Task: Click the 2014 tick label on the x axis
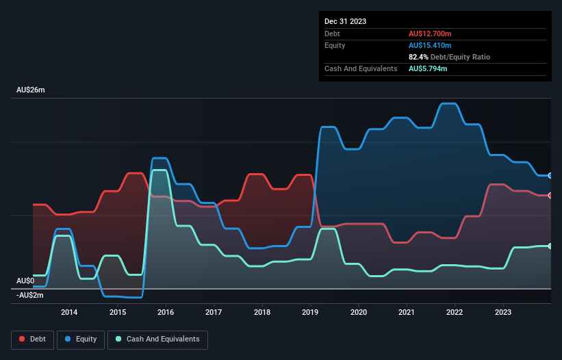pyautogui.click(x=69, y=313)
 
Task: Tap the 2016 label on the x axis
pyautogui.click(x=166, y=313)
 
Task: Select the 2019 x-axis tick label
pyautogui.click(x=311, y=313)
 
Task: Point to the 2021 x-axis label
pyautogui.click(x=407, y=313)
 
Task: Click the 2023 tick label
pyautogui.click(x=503, y=313)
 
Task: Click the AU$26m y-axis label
pyautogui.click(x=31, y=90)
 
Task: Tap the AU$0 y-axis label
pyautogui.click(x=25, y=281)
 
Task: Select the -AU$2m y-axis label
pyautogui.click(x=30, y=295)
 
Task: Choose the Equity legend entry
pyautogui.click(x=81, y=339)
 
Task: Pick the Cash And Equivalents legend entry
pyautogui.click(x=157, y=339)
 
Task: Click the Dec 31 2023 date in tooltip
pyautogui.click(x=346, y=21)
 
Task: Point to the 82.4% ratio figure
pyautogui.click(x=420, y=57)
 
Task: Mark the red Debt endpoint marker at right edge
pyautogui.click(x=550, y=196)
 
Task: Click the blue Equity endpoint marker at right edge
pyautogui.click(x=550, y=175)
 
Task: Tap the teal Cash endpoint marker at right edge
pyautogui.click(x=550, y=246)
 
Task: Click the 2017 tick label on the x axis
pyautogui.click(x=214, y=313)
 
